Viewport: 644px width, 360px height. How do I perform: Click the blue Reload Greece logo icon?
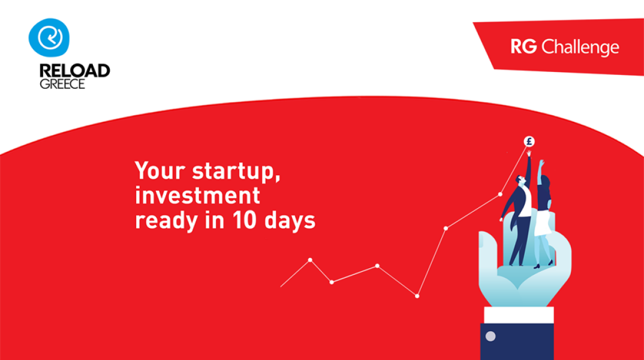(x=49, y=37)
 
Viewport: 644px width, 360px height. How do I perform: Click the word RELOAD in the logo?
(x=75, y=71)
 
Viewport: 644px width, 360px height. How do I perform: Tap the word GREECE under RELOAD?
(x=62, y=84)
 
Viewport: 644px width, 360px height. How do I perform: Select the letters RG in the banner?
(x=523, y=46)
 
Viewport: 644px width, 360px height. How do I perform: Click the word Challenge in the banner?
(x=580, y=47)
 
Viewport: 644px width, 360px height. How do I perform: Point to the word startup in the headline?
(x=236, y=171)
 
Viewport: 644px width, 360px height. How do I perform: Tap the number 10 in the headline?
(x=245, y=220)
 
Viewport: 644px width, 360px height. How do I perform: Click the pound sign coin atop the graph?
(x=529, y=142)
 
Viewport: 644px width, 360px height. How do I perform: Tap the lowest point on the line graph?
(x=417, y=296)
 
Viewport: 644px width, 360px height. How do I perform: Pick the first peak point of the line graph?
(x=310, y=260)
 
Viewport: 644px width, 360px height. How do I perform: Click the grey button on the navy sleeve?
(x=490, y=336)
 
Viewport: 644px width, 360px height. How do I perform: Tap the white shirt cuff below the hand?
(x=519, y=315)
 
